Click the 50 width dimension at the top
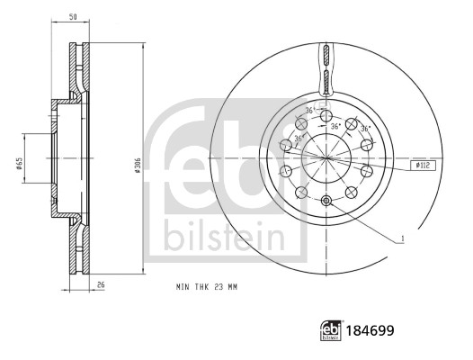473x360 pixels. [x=71, y=16]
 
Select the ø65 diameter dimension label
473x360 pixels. [x=18, y=164]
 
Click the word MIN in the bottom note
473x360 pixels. [x=183, y=285]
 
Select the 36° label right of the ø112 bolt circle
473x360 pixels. [x=365, y=129]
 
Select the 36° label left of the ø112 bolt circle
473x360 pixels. [x=297, y=139]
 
